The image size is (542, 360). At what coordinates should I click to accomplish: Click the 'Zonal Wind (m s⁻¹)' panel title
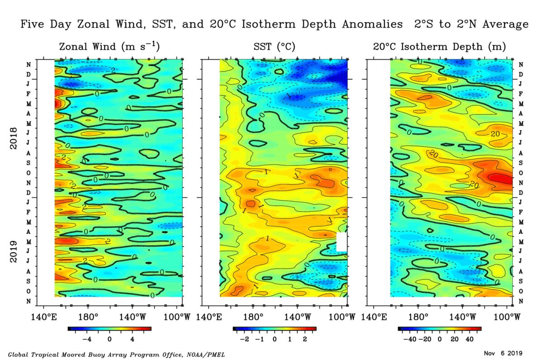109,47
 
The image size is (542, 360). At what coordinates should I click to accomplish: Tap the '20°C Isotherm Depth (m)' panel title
439,47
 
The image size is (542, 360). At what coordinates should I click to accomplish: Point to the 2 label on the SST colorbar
304,339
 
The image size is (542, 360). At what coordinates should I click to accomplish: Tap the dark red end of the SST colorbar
314,329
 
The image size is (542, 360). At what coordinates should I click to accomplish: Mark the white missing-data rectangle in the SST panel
342,242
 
